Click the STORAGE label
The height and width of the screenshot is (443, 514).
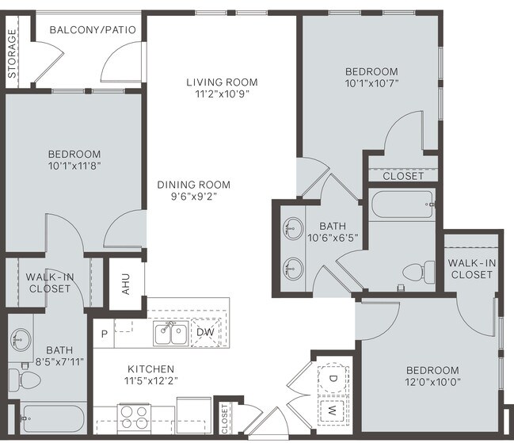[13, 54]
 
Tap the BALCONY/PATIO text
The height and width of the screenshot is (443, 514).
[93, 30]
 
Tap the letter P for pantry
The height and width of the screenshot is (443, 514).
[103, 334]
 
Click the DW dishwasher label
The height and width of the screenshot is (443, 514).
[204, 332]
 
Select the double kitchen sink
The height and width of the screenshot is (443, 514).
[170, 334]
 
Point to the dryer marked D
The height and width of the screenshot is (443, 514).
[332, 379]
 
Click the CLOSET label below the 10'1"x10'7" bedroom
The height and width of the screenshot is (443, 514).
[403, 176]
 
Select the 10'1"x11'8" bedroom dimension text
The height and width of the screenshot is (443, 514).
[74, 166]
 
